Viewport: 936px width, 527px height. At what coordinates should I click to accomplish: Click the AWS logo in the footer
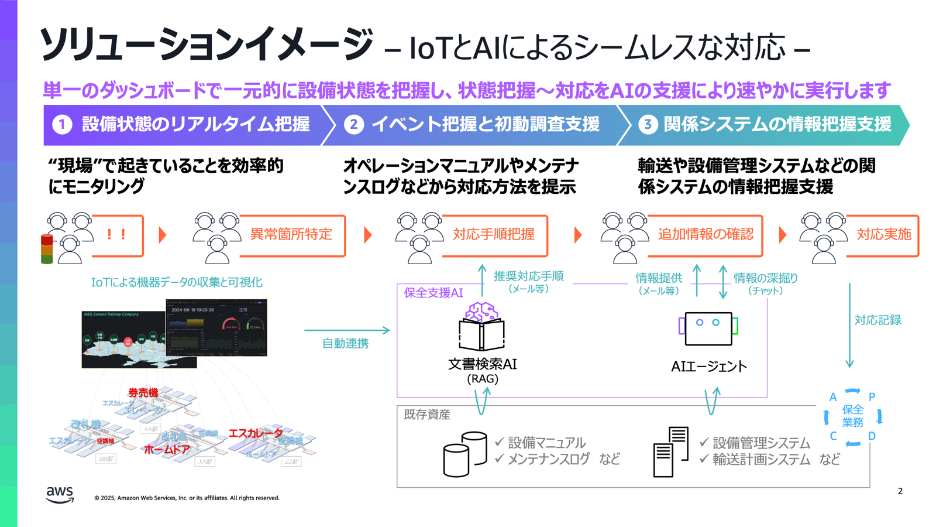pyautogui.click(x=60, y=495)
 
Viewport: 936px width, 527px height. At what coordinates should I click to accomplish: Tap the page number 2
pyautogui.click(x=900, y=491)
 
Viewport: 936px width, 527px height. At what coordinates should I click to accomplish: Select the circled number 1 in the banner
pyautogui.click(x=62, y=124)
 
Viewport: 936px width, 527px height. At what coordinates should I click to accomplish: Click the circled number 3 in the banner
pyautogui.click(x=648, y=124)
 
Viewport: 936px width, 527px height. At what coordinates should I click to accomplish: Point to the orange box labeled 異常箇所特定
pyautogui.click(x=291, y=235)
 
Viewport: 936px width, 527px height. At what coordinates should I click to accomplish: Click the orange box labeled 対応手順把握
pyautogui.click(x=494, y=235)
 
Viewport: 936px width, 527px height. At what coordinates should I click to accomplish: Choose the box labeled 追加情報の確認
pyautogui.click(x=706, y=235)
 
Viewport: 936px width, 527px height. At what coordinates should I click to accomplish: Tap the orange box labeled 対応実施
pyautogui.click(x=883, y=235)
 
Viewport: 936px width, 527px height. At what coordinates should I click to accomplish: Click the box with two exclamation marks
pyautogui.click(x=117, y=235)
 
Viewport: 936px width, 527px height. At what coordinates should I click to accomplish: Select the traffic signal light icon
pyautogui.click(x=47, y=249)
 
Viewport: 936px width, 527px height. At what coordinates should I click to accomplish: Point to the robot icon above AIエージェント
pyautogui.click(x=708, y=328)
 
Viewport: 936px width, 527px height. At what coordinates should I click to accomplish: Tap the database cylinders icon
pyautogui.click(x=465, y=454)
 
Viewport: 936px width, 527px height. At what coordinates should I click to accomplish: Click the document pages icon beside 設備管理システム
pyautogui.click(x=670, y=452)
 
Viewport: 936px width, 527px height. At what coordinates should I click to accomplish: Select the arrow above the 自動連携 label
pyautogui.click(x=347, y=330)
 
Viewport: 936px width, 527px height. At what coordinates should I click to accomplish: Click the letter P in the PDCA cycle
pyautogui.click(x=872, y=397)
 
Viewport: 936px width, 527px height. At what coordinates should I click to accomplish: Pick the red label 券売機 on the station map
pyautogui.click(x=143, y=393)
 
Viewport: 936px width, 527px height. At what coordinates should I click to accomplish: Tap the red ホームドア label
pyautogui.click(x=167, y=450)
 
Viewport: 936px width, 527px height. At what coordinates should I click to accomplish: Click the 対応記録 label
pyautogui.click(x=877, y=320)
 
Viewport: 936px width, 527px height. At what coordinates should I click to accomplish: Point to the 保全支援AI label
pyautogui.click(x=433, y=293)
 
